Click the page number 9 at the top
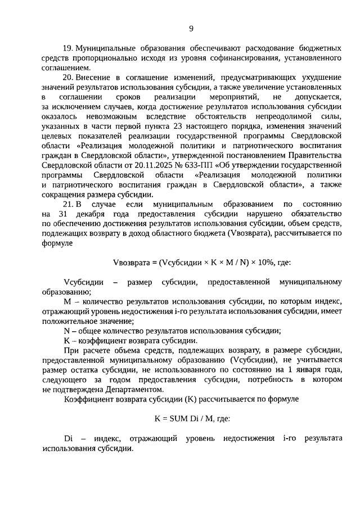(191, 29)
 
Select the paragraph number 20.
(69, 76)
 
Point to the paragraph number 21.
(69, 205)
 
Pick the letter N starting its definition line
(66, 331)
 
